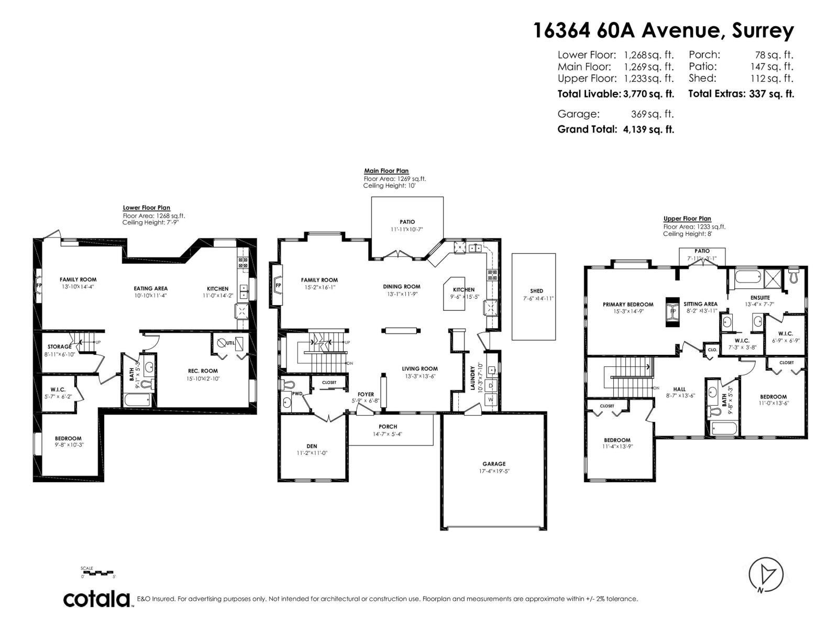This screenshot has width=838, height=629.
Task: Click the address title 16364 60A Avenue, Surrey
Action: (663, 31)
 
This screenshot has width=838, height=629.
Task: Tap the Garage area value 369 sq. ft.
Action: (652, 114)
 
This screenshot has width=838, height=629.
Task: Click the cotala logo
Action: (97, 599)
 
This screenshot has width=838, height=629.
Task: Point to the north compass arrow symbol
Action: (766, 574)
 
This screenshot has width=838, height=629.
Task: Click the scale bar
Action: (98, 573)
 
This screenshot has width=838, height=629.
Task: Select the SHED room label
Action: (536, 291)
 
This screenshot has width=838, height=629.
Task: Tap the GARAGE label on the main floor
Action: (494, 463)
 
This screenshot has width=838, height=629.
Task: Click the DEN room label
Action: (312, 446)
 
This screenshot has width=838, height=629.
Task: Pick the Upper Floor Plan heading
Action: (687, 219)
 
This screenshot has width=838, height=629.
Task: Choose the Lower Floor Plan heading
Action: (146, 208)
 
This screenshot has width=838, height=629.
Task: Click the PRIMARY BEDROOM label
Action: (628, 304)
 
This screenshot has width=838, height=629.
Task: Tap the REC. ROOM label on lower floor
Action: (202, 371)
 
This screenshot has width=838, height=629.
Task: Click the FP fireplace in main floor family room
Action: (277, 286)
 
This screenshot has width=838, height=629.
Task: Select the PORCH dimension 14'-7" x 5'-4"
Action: (388, 434)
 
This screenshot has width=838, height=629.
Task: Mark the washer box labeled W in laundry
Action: (491, 399)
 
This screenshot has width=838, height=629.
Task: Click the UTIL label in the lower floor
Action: (230, 343)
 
